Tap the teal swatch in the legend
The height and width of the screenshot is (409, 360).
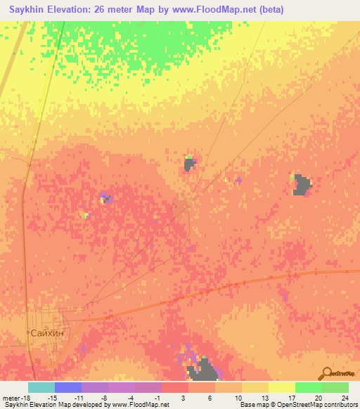(41, 387)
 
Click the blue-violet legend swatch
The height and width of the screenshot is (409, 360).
(68, 387)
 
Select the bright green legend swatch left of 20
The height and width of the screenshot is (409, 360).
(309, 387)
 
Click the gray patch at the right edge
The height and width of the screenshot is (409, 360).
(302, 185)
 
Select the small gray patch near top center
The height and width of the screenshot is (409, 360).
(189, 164)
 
